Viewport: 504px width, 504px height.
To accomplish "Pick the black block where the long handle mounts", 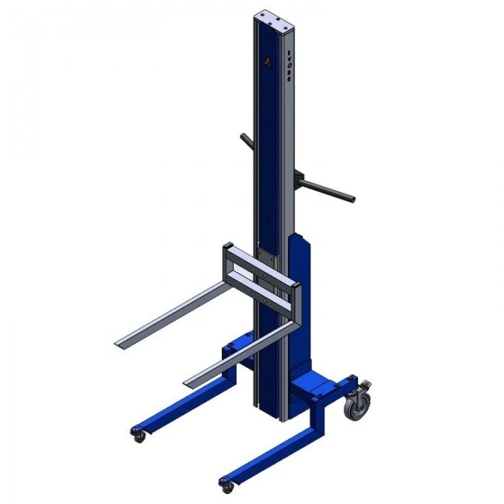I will coord(297,175).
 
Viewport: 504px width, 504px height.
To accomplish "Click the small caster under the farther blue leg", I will coord(137,433).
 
